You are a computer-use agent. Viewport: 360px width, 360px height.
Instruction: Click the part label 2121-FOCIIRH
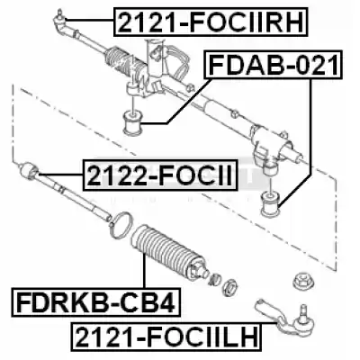[211, 22]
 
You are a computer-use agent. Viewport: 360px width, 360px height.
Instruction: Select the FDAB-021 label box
[273, 65]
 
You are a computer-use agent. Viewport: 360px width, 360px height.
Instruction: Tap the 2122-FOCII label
[160, 175]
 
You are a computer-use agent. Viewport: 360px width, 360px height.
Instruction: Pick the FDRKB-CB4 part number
[95, 302]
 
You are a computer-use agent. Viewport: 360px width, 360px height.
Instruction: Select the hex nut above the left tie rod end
[301, 281]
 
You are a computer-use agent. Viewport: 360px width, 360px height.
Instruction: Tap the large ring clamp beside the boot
[121, 226]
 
